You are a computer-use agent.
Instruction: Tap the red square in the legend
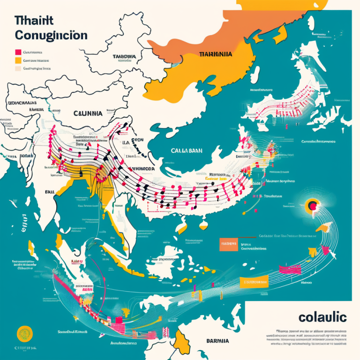coord(18,52)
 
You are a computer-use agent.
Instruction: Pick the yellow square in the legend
coord(18,60)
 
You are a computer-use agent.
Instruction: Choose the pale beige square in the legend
coord(18,68)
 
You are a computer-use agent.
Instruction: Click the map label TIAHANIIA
coord(215,54)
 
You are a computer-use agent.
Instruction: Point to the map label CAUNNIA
coord(88,113)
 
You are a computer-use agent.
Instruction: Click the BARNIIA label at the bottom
coord(217,341)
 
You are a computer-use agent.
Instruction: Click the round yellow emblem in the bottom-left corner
coord(24,334)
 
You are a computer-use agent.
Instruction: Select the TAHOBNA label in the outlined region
coord(124,57)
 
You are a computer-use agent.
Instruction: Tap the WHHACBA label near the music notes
coord(142,168)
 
